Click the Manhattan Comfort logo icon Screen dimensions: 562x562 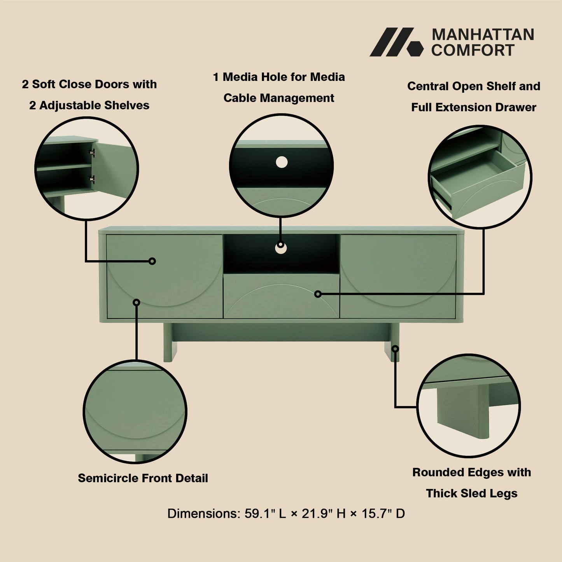point(396,42)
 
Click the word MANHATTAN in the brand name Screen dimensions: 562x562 point(483,35)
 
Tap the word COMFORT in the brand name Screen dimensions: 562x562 point(473,51)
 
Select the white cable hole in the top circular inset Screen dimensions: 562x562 point(282,162)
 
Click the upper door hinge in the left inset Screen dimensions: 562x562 point(92,152)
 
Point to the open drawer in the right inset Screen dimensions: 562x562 point(478,183)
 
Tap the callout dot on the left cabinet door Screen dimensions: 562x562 point(152,261)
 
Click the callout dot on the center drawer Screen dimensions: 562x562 point(318,294)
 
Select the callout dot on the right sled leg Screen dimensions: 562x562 point(395,348)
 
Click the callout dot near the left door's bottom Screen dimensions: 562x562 point(137,302)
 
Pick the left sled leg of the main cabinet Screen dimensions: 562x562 point(168,342)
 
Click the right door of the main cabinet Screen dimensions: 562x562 point(398,276)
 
